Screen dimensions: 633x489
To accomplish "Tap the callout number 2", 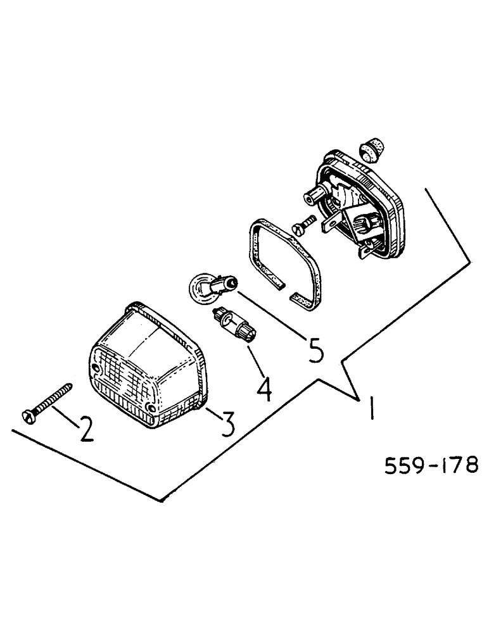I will pyautogui.click(x=85, y=429).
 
